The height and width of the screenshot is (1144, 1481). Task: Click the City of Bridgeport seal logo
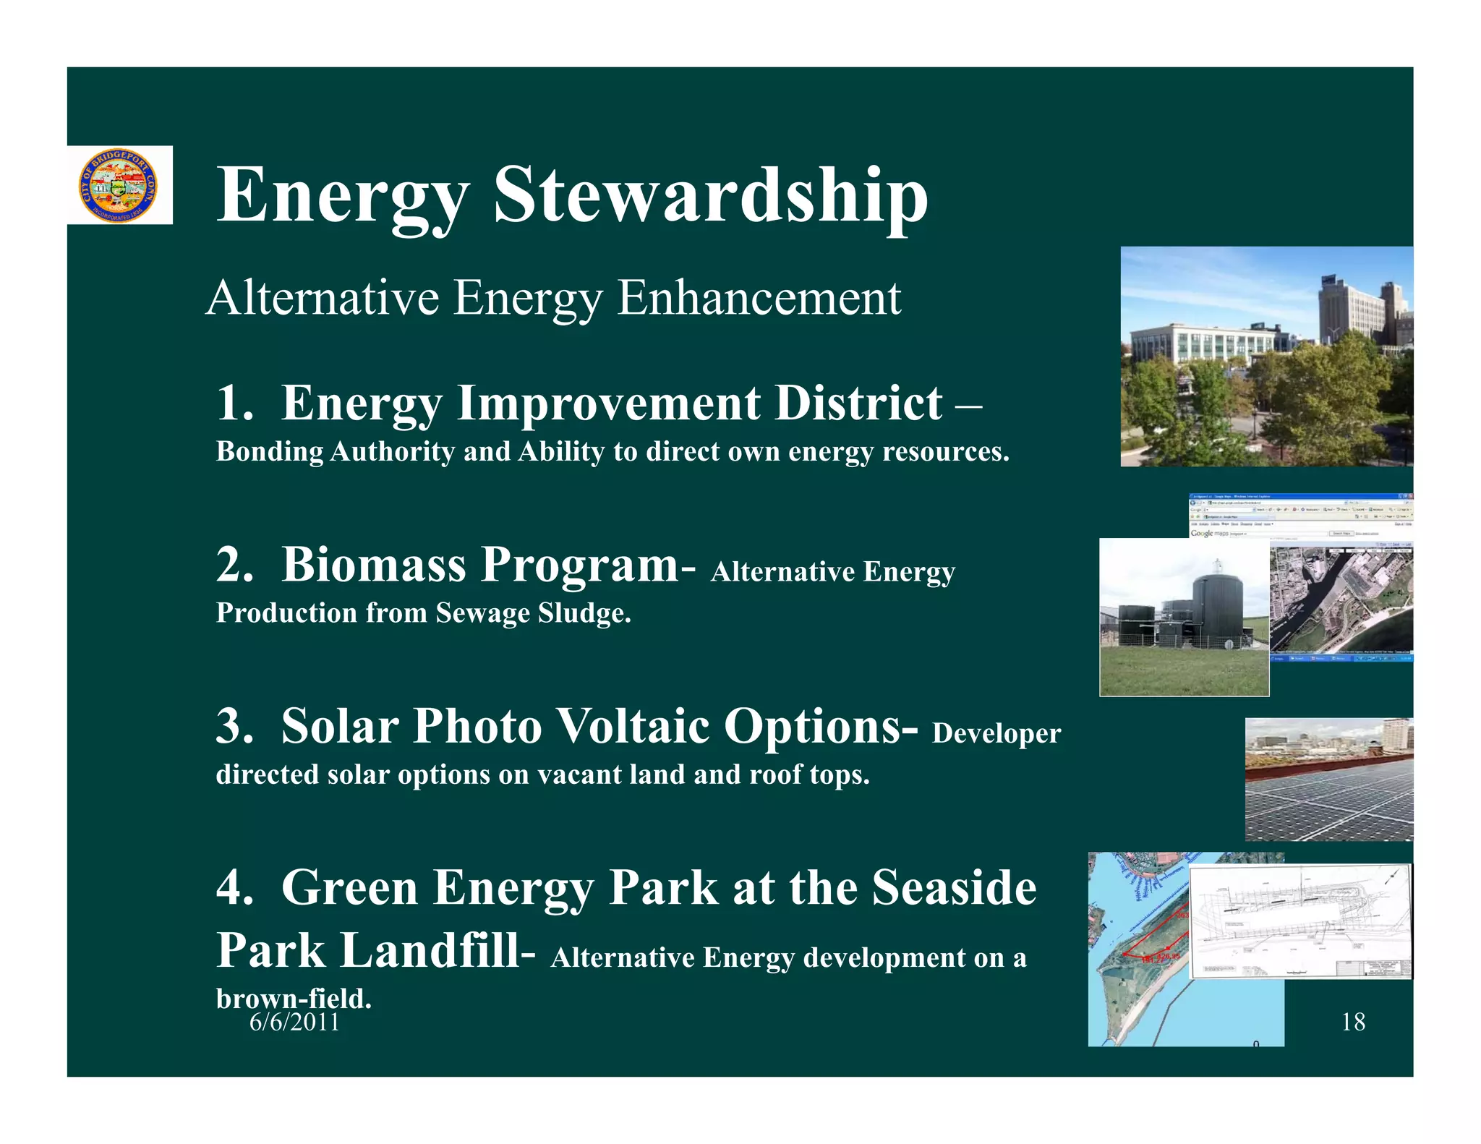(x=118, y=186)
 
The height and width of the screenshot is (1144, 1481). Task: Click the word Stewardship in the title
(x=710, y=195)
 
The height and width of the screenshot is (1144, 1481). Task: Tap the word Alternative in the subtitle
(x=323, y=298)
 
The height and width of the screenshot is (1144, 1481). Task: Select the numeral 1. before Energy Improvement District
(x=234, y=403)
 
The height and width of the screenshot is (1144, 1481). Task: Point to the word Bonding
(x=270, y=452)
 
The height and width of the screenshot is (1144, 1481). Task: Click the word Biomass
(x=373, y=564)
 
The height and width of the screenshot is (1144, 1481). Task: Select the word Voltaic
(x=634, y=726)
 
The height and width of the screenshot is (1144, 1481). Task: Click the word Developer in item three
(x=996, y=734)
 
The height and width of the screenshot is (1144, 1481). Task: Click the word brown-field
(x=293, y=999)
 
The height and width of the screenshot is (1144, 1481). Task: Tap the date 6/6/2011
(x=294, y=1022)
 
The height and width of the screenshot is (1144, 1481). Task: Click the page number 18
(x=1352, y=1022)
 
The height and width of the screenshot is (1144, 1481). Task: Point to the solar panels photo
(x=1328, y=780)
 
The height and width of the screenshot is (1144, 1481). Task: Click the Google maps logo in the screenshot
(x=1209, y=533)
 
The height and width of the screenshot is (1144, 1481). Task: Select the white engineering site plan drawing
(x=1299, y=922)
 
